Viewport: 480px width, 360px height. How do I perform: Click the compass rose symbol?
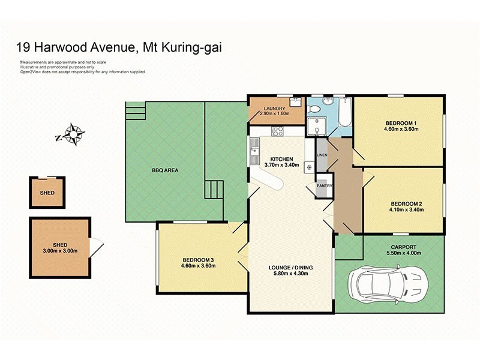(73, 134)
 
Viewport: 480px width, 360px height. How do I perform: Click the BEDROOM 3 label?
(198, 260)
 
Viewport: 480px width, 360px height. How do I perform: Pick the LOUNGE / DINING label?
(291, 268)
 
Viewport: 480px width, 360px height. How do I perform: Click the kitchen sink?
(255, 145)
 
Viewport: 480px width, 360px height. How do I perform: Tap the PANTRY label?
(325, 186)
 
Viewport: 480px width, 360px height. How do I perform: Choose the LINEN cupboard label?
(322, 155)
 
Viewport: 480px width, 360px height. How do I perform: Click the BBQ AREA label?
(164, 170)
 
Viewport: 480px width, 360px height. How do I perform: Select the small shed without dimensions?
(47, 192)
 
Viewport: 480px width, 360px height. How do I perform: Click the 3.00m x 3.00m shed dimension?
(60, 251)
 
